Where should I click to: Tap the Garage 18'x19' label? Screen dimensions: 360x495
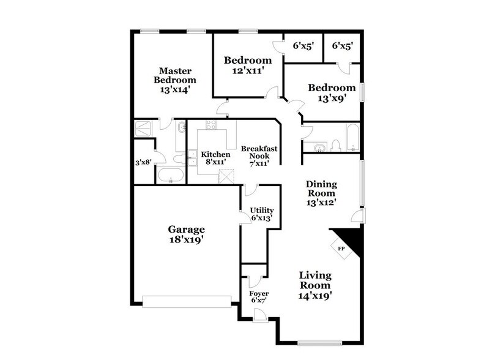tap(186, 234)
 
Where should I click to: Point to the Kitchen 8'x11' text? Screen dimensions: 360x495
tap(215, 159)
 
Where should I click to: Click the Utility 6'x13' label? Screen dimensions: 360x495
tap(261, 214)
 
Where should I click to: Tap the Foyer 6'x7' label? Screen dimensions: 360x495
tap(260, 297)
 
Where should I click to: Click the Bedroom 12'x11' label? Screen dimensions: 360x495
tap(247, 65)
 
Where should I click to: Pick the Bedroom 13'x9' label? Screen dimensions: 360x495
tap(331, 92)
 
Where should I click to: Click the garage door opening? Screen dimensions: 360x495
tap(187, 300)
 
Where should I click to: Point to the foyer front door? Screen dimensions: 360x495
tap(260, 315)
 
